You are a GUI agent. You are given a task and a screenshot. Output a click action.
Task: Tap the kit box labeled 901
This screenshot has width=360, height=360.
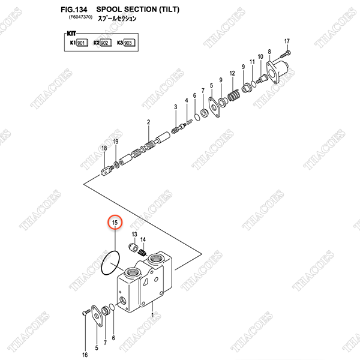[x=82, y=43]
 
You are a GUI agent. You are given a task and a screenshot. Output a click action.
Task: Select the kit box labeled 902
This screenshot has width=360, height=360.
[x=104, y=43]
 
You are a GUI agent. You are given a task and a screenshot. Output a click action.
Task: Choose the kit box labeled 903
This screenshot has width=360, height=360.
[x=129, y=43]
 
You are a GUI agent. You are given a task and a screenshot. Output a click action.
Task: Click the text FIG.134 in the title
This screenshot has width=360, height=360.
[x=74, y=10]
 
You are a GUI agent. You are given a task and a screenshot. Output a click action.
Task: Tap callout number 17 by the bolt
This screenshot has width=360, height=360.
[x=287, y=41]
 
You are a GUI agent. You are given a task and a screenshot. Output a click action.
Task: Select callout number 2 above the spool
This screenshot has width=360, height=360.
[x=148, y=122]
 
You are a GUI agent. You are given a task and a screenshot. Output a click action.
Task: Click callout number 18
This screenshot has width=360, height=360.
[x=104, y=149]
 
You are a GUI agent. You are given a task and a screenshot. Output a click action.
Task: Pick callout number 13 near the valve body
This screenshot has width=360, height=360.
[x=134, y=233]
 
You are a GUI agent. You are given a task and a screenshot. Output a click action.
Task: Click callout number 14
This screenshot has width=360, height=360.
[x=143, y=239]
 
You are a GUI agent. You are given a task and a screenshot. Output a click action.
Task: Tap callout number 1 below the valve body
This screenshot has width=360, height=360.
[x=152, y=314]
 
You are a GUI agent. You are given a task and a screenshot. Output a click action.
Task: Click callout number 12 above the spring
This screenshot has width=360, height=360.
[x=232, y=73]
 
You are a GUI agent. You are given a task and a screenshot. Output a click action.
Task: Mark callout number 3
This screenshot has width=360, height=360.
[x=175, y=106]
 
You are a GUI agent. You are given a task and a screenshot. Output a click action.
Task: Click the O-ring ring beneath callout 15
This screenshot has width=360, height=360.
[x=110, y=264]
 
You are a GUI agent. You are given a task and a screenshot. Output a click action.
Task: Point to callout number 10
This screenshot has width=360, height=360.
[x=260, y=57]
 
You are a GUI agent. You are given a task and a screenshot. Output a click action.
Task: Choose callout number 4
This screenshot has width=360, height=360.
[x=187, y=100]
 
